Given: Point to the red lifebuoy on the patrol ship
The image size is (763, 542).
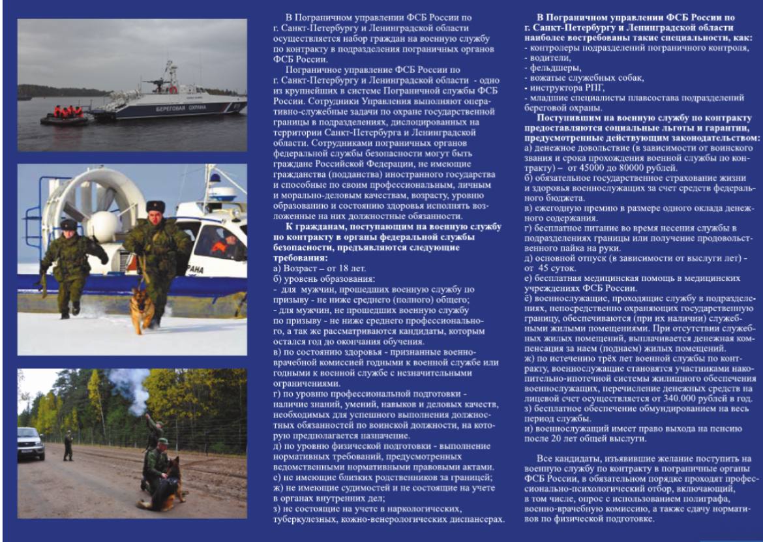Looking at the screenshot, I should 173,89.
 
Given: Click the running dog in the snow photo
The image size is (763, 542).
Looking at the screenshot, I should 143,306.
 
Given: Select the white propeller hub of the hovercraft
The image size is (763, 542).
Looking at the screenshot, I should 104,226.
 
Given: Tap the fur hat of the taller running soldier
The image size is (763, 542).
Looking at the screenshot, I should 155,207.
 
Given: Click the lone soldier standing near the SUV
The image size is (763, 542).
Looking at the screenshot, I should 68,445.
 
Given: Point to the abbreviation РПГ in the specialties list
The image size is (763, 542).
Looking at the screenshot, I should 591,87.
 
